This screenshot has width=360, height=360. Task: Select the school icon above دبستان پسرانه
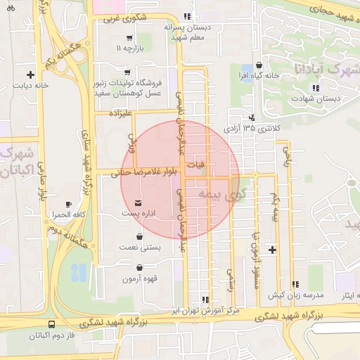pyautogui.click(x=186, y=16)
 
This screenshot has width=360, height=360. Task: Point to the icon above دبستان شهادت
pyautogui.click(x=315, y=88)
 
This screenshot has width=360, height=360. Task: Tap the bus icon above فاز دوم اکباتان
pyautogui.click(x=53, y=325)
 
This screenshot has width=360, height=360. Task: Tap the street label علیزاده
pyautogui.click(x=121, y=112)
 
